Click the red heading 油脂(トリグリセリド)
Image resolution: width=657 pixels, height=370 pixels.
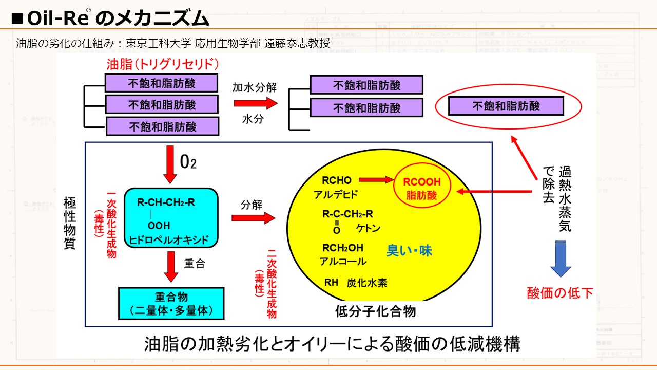[x=163, y=64]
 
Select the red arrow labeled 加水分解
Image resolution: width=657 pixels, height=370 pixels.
[x=255, y=103]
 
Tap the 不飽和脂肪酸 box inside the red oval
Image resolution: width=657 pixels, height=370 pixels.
[x=506, y=106]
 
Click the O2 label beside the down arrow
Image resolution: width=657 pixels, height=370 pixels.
[x=188, y=162]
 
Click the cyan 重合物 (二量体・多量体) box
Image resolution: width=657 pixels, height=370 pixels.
[x=171, y=304]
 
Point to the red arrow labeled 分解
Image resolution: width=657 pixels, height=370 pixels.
[x=254, y=218]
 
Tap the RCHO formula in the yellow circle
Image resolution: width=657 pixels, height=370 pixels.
[x=337, y=180]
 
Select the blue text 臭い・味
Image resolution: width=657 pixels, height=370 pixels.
[x=409, y=251]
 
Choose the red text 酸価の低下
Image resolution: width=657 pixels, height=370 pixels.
[x=560, y=293]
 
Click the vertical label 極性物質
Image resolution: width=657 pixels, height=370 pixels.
[x=70, y=222]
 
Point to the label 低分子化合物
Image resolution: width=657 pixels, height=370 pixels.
[x=375, y=311]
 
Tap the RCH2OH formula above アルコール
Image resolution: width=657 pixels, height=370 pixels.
[x=343, y=248]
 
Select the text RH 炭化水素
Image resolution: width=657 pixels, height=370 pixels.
[x=356, y=282]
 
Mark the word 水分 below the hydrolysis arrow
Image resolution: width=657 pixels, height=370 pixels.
[x=253, y=119]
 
